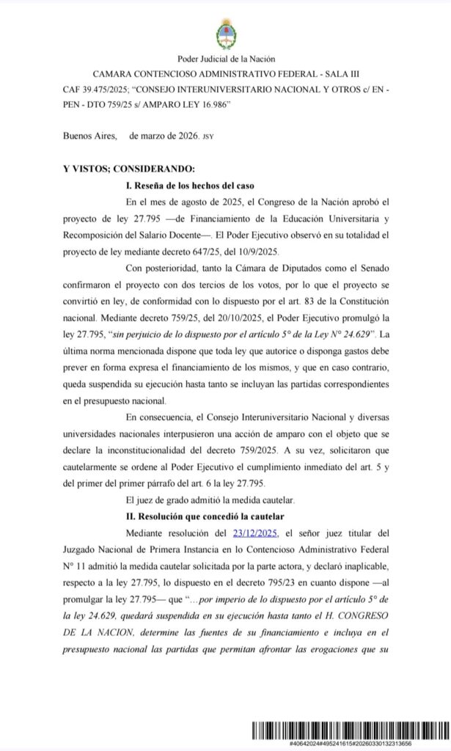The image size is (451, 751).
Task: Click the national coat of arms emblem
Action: pyautogui.click(x=225, y=33)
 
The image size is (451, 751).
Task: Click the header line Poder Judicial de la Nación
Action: pyautogui.click(x=225, y=59)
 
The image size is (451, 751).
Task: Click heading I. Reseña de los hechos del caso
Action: pyautogui.click(x=191, y=185)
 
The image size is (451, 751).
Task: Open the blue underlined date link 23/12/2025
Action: pyautogui.click(x=254, y=533)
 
